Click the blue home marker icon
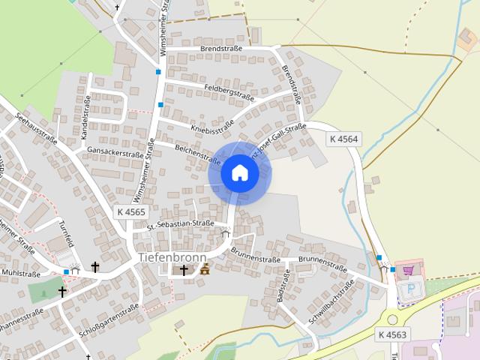(x=239, y=172)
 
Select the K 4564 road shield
(x=343, y=139)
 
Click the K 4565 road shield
(x=131, y=212)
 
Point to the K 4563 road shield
(x=392, y=334)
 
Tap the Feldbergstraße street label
(x=229, y=92)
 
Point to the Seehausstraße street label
(x=36, y=129)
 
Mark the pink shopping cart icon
(x=408, y=270)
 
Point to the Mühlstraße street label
(x=21, y=272)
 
